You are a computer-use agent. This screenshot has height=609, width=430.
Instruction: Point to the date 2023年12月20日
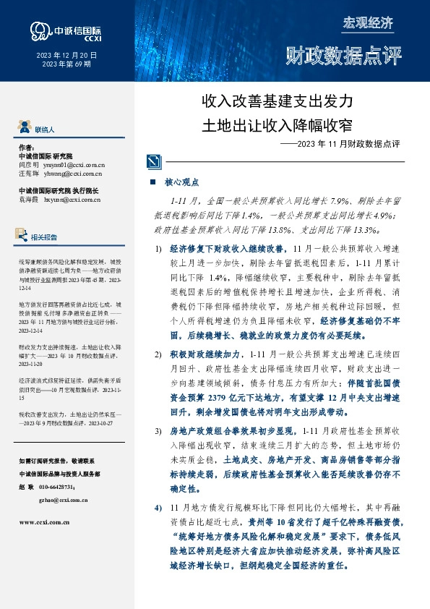[65, 56]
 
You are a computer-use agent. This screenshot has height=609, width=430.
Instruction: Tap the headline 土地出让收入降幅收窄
[278, 124]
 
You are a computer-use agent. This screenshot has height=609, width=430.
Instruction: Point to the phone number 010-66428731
[64, 486]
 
